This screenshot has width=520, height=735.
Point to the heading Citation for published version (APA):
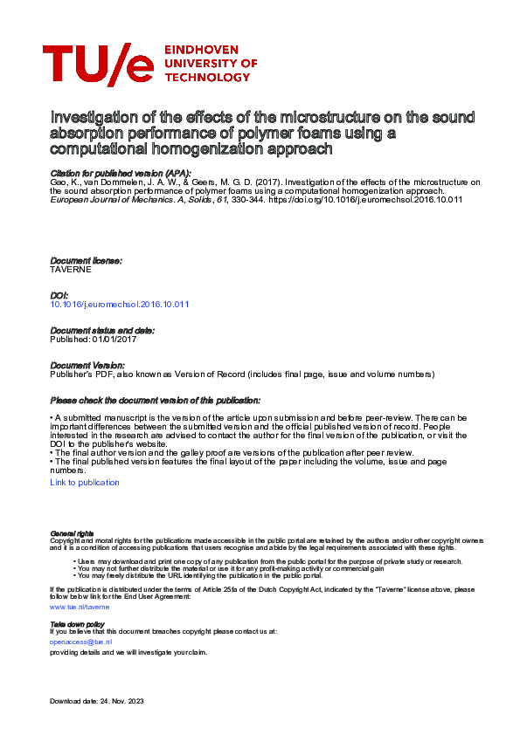click(x=109, y=174)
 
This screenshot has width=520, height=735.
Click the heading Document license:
click(x=86, y=261)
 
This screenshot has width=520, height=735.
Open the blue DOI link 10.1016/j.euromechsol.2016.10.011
click(x=120, y=304)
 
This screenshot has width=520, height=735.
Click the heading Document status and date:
click(x=102, y=330)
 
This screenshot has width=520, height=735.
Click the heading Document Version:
click(x=87, y=365)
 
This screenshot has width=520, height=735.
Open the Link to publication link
click(x=85, y=482)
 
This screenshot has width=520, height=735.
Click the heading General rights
click(x=72, y=532)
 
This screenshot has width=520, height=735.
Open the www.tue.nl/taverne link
click(x=79, y=605)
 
